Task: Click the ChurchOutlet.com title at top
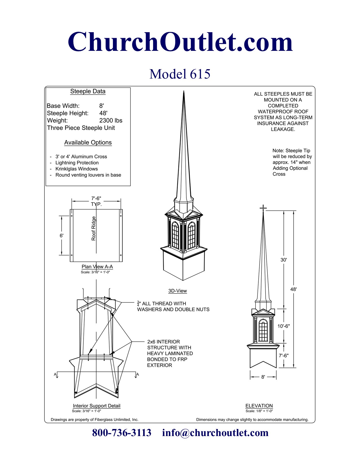point(180,42)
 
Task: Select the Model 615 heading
point(180,74)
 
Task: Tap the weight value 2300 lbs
point(111,121)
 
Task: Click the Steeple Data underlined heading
point(88,92)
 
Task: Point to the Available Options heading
point(88,143)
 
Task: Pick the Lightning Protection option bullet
point(77,163)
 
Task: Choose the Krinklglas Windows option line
point(77,169)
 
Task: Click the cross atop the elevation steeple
point(263,208)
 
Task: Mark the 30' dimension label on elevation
point(284,260)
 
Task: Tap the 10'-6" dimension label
point(283,326)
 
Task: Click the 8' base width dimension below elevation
point(263,377)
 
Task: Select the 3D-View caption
point(178,291)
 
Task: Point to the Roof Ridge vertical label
point(94,228)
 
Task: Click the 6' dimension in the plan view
point(62,236)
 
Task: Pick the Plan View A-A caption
point(97,267)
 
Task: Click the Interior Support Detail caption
point(97,406)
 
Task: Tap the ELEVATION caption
point(259,406)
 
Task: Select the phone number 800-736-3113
point(122,433)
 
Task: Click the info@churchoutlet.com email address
point(215,433)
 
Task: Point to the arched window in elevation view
point(263,330)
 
